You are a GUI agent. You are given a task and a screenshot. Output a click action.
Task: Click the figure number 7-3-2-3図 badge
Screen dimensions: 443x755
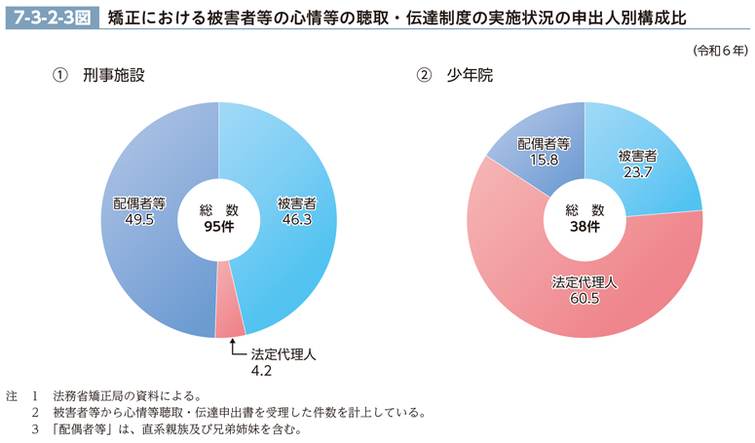click(x=49, y=17)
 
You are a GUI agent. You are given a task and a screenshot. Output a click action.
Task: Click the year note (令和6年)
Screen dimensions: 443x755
click(x=720, y=50)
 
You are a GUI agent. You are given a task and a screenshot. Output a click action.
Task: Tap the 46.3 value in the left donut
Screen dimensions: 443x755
click(x=295, y=221)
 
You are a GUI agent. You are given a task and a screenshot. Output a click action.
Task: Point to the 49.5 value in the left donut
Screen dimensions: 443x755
click(x=138, y=221)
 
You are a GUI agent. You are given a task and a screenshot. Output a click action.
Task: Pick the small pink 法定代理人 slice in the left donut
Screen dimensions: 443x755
click(x=230, y=322)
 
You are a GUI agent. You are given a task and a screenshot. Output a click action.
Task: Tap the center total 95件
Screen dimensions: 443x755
click(x=218, y=227)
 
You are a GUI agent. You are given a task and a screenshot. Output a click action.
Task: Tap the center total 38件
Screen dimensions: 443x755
click(x=585, y=227)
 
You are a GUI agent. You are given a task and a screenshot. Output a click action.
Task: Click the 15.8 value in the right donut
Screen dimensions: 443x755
click(x=543, y=159)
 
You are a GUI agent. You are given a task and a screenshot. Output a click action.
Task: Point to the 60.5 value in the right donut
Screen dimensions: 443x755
click(x=585, y=298)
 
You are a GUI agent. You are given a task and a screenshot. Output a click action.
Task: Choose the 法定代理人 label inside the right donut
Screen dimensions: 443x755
click(x=585, y=281)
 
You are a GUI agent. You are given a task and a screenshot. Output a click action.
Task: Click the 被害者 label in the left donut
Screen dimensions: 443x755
click(x=295, y=204)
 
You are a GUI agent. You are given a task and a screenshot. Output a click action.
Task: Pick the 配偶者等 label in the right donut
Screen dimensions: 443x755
click(x=543, y=143)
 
